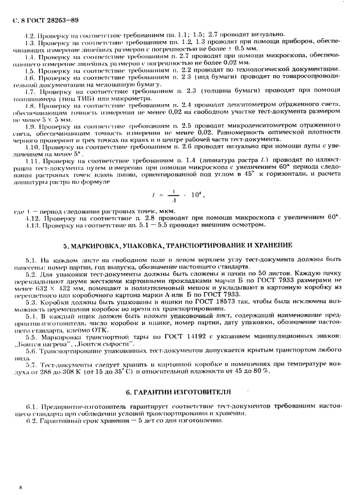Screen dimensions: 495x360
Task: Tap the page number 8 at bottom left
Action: (21, 487)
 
